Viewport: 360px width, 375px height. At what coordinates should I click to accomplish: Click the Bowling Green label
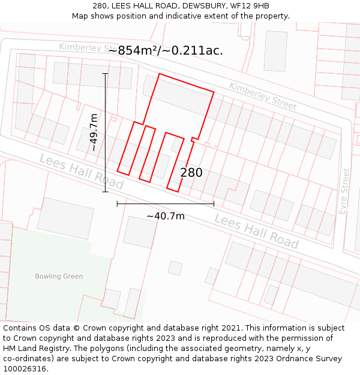point(58,277)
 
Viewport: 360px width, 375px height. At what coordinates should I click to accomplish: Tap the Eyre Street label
point(344,191)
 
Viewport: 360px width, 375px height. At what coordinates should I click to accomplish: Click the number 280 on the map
point(191,173)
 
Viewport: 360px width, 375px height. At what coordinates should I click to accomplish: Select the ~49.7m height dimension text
point(93,132)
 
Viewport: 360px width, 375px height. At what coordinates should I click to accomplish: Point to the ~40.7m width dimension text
point(166,216)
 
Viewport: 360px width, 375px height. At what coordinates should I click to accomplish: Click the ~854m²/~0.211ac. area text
point(166,50)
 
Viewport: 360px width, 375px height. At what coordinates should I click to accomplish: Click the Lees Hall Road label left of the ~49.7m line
point(81,170)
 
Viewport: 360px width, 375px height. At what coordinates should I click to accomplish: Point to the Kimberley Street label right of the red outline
point(263,96)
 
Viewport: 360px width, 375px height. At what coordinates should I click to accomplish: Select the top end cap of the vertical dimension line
point(106,73)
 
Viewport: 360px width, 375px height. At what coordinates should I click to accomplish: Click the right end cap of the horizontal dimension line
point(214,204)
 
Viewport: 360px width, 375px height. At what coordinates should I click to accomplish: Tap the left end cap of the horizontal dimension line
point(117,204)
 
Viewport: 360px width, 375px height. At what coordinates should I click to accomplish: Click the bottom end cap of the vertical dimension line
point(106,192)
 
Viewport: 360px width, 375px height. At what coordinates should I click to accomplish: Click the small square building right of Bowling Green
point(175,268)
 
